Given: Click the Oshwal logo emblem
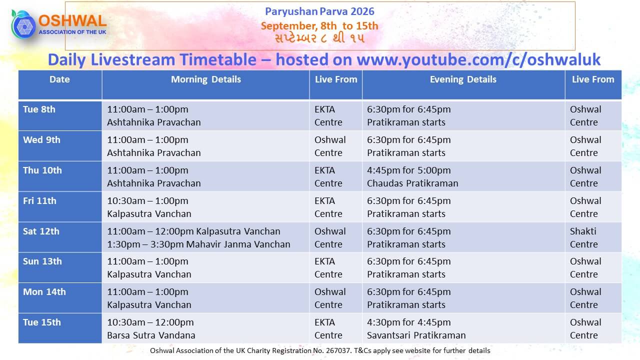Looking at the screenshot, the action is click(23, 24).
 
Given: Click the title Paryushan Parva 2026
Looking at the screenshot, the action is click(319, 11).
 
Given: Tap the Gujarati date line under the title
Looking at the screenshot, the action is click(319, 38).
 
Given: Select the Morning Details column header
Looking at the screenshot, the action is click(205, 79).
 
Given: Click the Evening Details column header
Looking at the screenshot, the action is click(463, 79).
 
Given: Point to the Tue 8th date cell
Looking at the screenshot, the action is click(60, 116).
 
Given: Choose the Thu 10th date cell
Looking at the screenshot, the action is click(60, 176).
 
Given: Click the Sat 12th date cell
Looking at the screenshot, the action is click(60, 237).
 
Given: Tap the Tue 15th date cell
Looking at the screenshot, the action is click(60, 328).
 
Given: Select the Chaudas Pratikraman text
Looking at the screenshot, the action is click(412, 183).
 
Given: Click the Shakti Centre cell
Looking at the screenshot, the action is click(593, 237).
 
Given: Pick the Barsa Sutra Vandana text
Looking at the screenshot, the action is click(151, 335).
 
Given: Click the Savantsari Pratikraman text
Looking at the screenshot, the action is click(416, 335).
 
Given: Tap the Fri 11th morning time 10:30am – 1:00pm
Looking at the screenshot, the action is click(147, 201).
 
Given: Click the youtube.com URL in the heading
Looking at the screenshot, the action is click(478, 59).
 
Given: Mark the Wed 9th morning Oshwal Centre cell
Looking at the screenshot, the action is click(335, 146).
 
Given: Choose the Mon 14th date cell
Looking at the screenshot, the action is click(60, 298).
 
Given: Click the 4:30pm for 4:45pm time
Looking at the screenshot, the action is click(409, 322).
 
